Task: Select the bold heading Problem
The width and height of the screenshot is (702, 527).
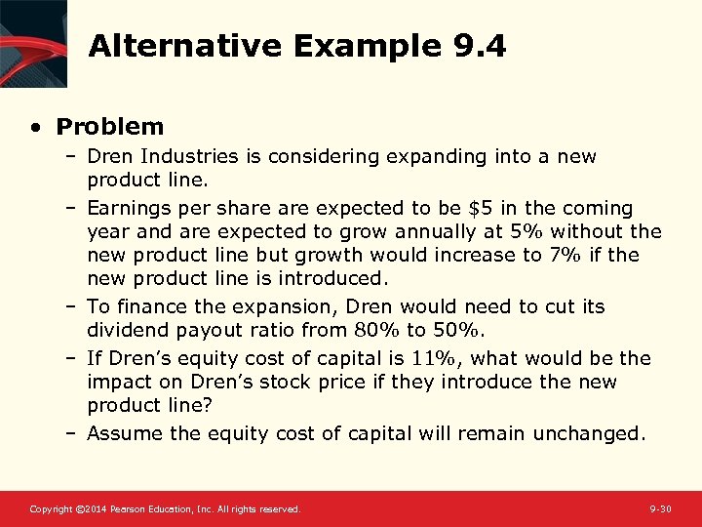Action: pyautogui.click(x=110, y=127)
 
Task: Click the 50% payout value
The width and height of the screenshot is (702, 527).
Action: pyautogui.click(x=459, y=331)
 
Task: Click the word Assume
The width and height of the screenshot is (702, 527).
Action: pyautogui.click(x=122, y=433)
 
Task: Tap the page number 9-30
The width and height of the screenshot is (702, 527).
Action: pyautogui.click(x=660, y=509)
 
